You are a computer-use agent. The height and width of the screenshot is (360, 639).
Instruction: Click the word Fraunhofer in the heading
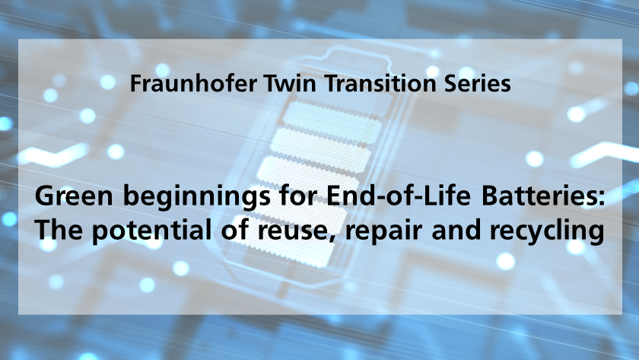coord(193,83)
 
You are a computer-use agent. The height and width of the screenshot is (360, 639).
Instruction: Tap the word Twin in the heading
coord(290,83)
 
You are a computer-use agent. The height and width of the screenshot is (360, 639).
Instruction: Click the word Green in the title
coord(74,196)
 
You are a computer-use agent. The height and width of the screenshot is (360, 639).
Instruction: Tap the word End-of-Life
coord(398,196)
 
